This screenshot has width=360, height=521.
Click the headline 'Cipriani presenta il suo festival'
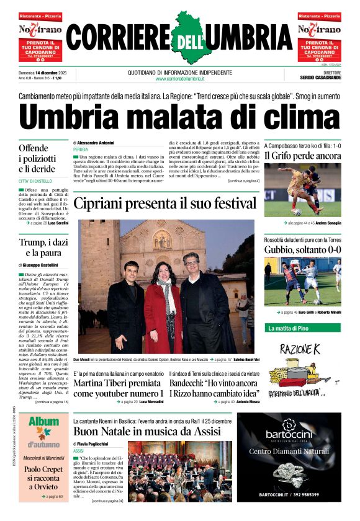pos(165,203)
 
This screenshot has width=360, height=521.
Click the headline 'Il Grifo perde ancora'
pos(303,156)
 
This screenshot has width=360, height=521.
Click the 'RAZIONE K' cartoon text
pos(300,349)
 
